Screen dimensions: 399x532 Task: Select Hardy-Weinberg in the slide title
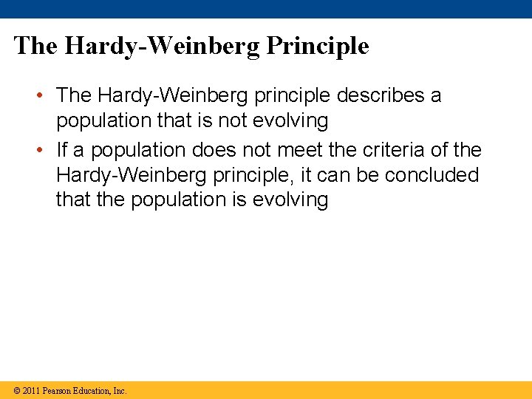click(x=163, y=46)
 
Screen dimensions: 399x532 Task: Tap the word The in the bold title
click(x=35, y=46)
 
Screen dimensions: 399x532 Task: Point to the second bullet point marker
click(x=46, y=151)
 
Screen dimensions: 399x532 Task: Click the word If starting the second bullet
click(x=62, y=150)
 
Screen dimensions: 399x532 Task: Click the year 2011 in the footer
click(x=31, y=390)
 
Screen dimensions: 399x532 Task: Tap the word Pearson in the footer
click(x=58, y=390)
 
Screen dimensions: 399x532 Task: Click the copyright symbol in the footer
click(x=16, y=390)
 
